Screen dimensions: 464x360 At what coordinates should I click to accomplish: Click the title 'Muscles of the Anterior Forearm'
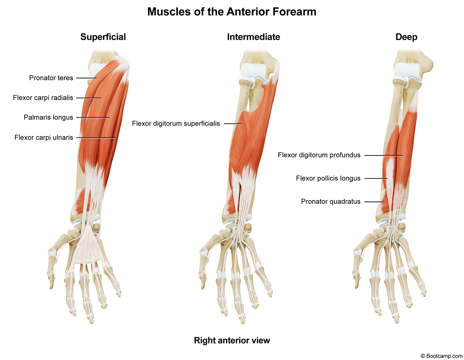232,12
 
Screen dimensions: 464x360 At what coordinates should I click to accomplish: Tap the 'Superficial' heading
103,37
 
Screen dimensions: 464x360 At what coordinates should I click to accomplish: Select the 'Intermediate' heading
253,37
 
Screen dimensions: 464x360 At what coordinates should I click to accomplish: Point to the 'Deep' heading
406,37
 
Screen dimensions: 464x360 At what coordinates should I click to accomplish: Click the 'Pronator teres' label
51,78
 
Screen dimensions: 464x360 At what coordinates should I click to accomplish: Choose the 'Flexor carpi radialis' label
43,98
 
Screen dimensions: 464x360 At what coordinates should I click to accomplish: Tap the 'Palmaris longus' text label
48,118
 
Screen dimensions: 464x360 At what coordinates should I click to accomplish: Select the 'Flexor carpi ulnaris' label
44,137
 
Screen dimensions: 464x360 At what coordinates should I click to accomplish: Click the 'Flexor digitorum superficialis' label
176,124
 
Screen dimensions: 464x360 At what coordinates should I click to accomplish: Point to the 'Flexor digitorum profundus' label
319,155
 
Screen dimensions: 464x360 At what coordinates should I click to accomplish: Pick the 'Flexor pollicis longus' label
328,178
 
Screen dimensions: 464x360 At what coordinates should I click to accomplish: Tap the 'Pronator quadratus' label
331,202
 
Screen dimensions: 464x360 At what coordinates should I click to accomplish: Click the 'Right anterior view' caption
232,340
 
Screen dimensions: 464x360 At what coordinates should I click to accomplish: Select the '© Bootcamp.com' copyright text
441,356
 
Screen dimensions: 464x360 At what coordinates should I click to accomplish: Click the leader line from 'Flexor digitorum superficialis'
232,124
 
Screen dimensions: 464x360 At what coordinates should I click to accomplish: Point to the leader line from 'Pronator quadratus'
374,202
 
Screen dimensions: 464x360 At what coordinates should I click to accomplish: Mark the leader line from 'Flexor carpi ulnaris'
96,138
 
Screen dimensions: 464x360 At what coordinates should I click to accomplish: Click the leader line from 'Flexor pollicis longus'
376,179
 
